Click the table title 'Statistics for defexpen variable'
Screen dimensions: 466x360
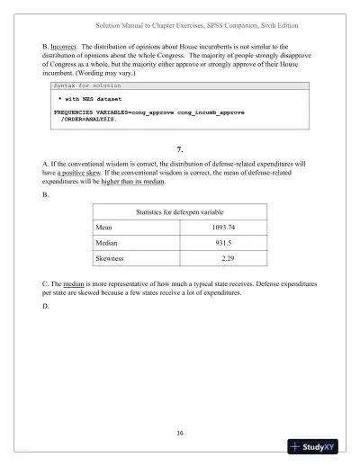[179, 211]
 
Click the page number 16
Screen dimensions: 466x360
[180, 434]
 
